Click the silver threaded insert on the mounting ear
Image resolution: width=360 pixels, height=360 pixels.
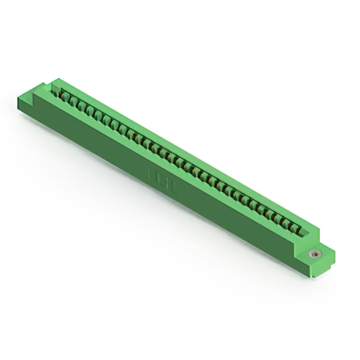tap(314, 254)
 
